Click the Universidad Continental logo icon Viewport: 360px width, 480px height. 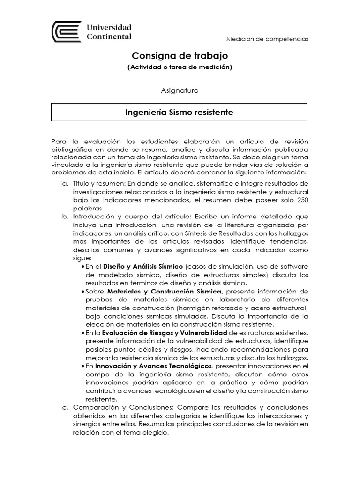coord(66,32)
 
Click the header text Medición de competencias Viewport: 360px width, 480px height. coord(267,39)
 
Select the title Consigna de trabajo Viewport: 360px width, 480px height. coord(180,56)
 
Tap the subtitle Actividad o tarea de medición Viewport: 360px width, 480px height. coord(180,67)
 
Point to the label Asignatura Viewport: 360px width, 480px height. coord(180,90)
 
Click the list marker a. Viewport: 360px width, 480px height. coord(65,183)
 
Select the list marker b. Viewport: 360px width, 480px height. coord(65,217)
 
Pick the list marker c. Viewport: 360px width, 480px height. coord(65,407)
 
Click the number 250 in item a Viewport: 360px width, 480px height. coord(301,200)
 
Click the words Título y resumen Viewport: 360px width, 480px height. coord(97,183)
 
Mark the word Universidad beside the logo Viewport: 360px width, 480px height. coord(109,28)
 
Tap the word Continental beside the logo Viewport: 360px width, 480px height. coord(109,37)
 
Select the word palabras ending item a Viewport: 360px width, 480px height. coord(87,208)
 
